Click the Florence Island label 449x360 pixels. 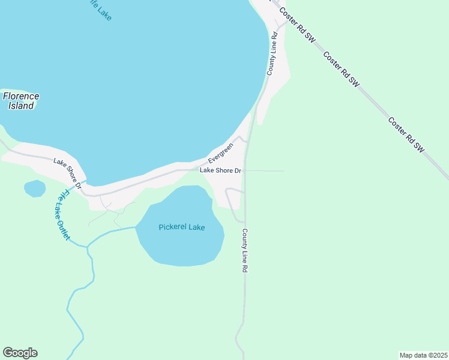click(21, 101)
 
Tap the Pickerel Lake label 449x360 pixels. click(182, 227)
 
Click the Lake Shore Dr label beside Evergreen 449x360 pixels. click(220, 170)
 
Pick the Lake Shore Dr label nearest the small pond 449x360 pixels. click(67, 172)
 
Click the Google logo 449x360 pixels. click(20, 353)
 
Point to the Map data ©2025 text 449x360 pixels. click(423, 355)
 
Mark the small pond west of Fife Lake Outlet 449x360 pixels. click(35, 188)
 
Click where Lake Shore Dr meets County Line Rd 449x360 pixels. click(246, 170)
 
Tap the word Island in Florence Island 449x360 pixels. click(21, 106)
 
